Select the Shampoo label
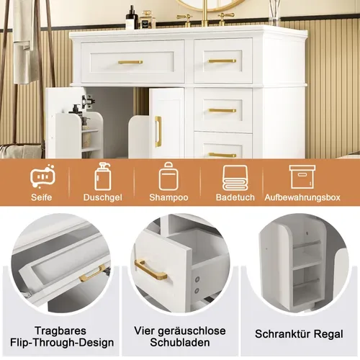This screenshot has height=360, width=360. (168, 197)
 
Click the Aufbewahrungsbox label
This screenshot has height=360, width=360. (302, 197)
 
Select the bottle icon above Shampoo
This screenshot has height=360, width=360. (168, 176)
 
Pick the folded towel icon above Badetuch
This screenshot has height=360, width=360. (235, 176)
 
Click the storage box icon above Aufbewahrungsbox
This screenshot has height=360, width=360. (302, 176)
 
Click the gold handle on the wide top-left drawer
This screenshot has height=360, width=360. (130, 62)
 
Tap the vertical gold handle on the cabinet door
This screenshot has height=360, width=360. (158, 131)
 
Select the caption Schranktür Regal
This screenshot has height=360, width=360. (299, 334)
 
